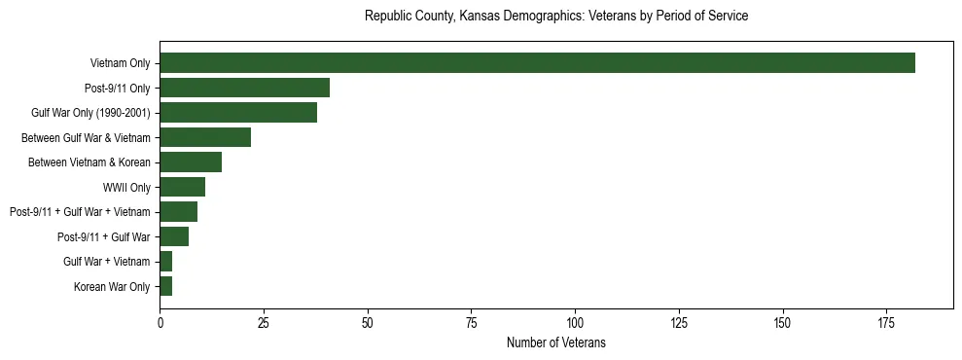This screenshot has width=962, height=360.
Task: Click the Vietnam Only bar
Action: coord(537,63)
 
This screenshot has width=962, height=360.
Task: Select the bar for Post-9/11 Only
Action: coord(244,88)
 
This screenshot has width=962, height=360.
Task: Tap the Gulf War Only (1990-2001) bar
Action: coord(238,113)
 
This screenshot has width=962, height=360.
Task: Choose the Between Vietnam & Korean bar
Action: coord(191,162)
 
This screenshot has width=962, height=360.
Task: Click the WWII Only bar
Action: coord(182,187)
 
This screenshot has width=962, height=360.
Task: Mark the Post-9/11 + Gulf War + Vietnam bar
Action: coord(178,212)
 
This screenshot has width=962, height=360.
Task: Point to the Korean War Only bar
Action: coord(165,286)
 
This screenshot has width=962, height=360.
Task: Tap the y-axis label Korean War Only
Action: coord(112,287)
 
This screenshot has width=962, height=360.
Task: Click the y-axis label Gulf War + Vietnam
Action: coord(107,262)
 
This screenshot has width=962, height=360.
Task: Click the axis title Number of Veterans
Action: coord(555,342)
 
